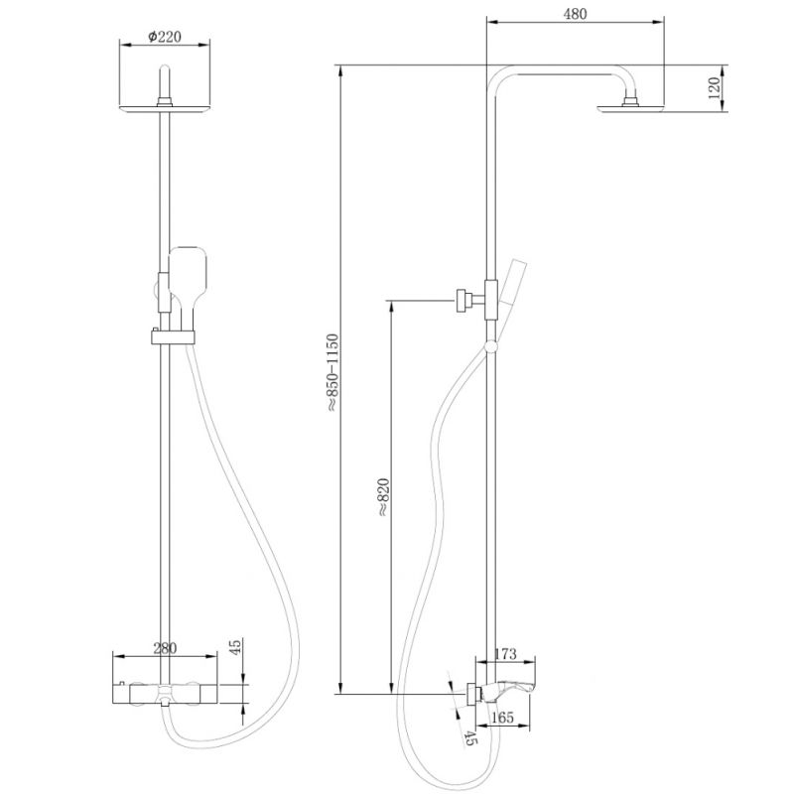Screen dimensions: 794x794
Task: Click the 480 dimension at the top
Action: tap(575, 15)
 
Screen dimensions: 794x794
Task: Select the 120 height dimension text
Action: tap(713, 89)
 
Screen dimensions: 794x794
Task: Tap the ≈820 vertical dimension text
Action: tap(384, 496)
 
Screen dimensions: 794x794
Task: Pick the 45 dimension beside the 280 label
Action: tap(236, 648)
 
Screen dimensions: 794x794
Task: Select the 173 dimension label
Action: tap(506, 654)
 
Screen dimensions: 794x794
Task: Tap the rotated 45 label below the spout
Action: tap(469, 735)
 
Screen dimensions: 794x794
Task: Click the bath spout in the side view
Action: tap(515, 685)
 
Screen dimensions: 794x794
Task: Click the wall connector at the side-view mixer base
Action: tap(470, 694)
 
